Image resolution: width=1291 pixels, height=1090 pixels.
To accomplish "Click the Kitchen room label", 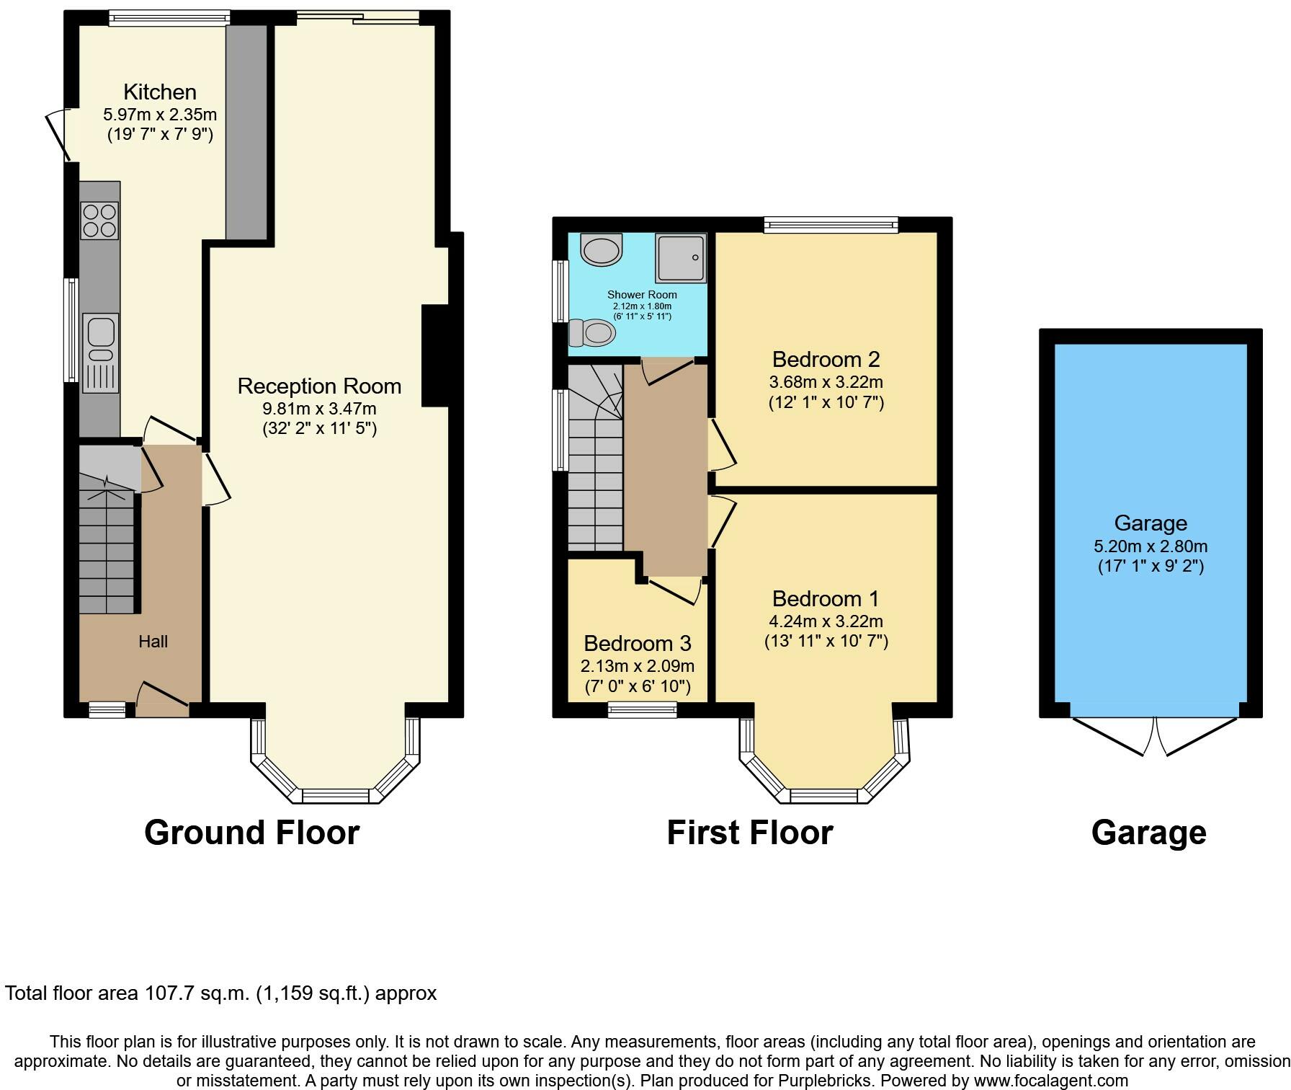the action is (160, 92).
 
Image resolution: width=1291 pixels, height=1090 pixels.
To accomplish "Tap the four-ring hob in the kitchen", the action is (100, 221).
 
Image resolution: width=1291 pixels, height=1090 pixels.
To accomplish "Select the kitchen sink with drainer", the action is (100, 353).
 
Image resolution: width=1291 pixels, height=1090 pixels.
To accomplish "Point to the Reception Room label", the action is (320, 386).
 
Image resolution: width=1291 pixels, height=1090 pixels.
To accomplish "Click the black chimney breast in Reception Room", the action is (435, 356).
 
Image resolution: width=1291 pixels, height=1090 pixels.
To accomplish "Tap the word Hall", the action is (153, 642).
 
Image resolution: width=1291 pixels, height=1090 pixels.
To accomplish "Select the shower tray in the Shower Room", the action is (680, 258).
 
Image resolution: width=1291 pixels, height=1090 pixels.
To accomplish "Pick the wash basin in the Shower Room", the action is (601, 249).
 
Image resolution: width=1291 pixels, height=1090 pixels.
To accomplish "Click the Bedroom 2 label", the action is (826, 359).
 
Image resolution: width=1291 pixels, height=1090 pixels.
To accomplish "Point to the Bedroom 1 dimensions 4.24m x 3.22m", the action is (826, 621).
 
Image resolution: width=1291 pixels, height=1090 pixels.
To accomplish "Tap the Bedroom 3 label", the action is (638, 643).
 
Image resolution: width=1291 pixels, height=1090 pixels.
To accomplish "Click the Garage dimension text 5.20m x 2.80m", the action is (1151, 546).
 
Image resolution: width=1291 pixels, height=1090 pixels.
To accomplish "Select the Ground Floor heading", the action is (252, 833).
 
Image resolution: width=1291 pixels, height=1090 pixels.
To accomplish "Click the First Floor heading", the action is (750, 833).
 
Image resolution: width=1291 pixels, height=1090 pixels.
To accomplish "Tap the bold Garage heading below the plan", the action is (1149, 833).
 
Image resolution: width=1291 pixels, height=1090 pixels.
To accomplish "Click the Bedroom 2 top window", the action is (831, 225).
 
